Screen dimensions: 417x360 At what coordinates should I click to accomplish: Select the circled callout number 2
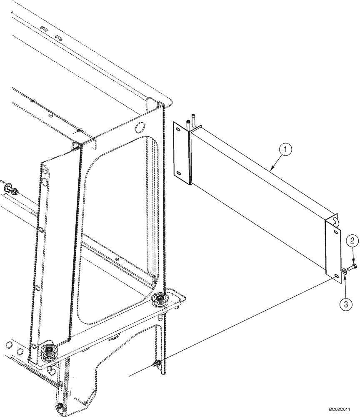coord(352,240)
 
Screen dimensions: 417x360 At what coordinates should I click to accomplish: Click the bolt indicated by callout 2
coord(352,266)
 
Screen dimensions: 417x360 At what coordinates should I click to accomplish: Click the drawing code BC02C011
coord(344,410)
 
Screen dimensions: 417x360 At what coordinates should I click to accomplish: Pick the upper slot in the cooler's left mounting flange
coord(178,130)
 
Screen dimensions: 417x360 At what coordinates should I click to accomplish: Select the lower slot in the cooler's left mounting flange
coord(178,173)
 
